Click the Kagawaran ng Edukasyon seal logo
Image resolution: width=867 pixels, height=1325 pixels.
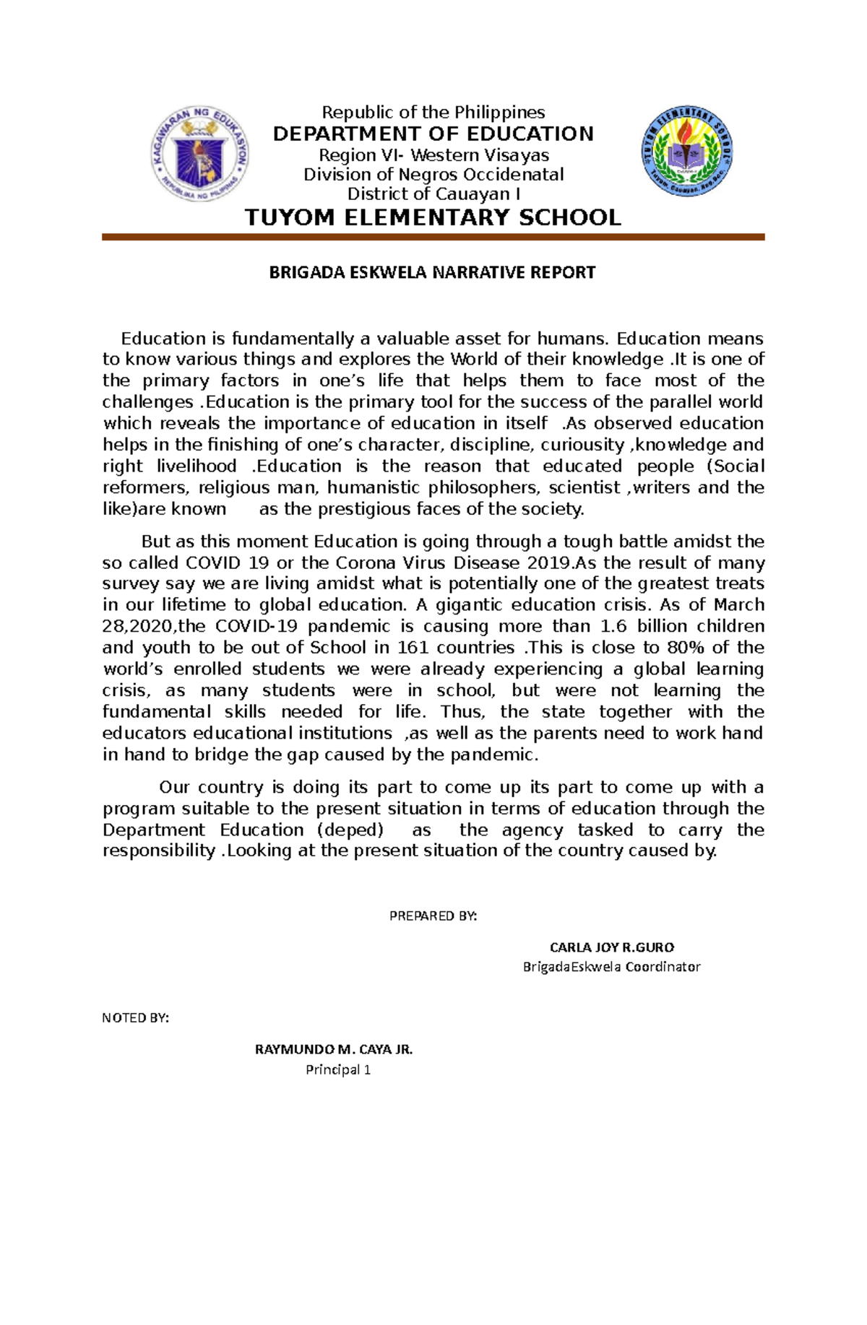tap(199, 154)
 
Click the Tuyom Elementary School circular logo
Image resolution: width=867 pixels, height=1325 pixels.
tap(687, 152)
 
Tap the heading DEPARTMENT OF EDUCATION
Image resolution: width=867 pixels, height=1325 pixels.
tap(433, 134)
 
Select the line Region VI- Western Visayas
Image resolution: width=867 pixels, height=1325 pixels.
tap(433, 155)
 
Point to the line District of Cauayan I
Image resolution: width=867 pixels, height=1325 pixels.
tap(433, 194)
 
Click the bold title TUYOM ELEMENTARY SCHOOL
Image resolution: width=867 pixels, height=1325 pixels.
tap(433, 217)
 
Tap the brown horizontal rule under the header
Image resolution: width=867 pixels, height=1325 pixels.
tap(433, 237)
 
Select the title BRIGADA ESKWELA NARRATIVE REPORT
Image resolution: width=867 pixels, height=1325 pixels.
tap(432, 272)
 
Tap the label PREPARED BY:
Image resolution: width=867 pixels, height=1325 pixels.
tap(433, 916)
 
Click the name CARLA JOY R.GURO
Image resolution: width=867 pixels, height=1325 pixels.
tap(612, 947)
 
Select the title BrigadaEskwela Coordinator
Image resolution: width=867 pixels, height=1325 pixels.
tap(611, 967)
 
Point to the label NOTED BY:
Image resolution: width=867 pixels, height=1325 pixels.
tap(135, 1018)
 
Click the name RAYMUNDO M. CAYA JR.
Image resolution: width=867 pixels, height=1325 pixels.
tap(334, 1050)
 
